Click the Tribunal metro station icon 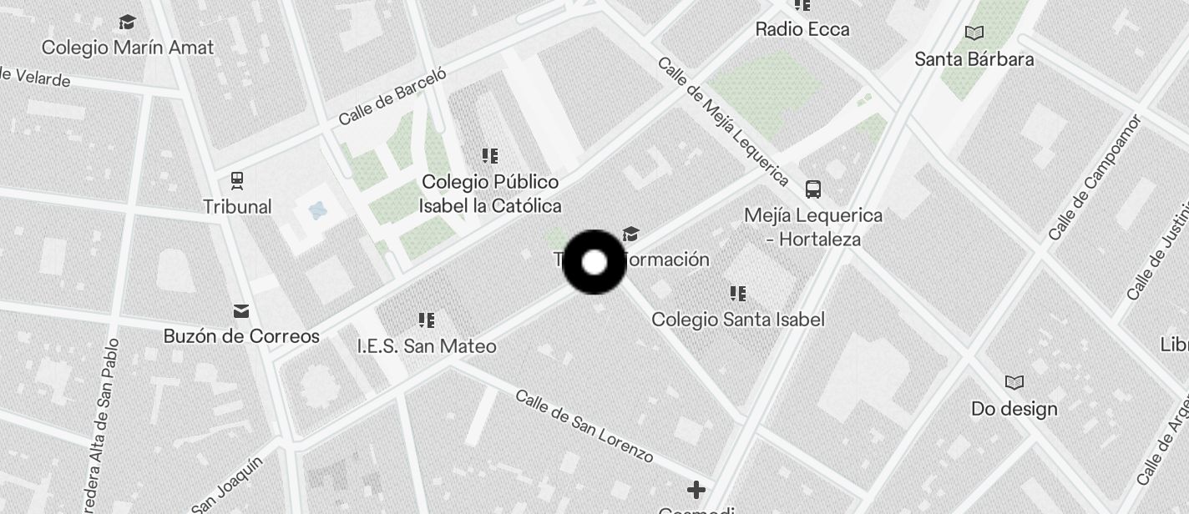[237, 180]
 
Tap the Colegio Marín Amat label [128, 48]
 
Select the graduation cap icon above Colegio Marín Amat [127, 22]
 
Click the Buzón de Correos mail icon [241, 311]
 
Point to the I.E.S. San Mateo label [427, 345]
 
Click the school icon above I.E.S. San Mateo [427, 320]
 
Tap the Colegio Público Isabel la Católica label [490, 194]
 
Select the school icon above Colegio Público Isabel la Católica [490, 156]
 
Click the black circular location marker [594, 263]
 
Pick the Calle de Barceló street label [392, 96]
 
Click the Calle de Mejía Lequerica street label [723, 122]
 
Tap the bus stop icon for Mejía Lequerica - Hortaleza [813, 189]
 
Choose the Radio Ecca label [802, 29]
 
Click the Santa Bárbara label [974, 59]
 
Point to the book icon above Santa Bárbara [974, 33]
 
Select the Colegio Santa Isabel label [738, 320]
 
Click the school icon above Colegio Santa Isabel [738, 294]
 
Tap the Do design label [1014, 409]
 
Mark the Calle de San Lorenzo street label [584, 426]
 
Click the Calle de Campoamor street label [1095, 177]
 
